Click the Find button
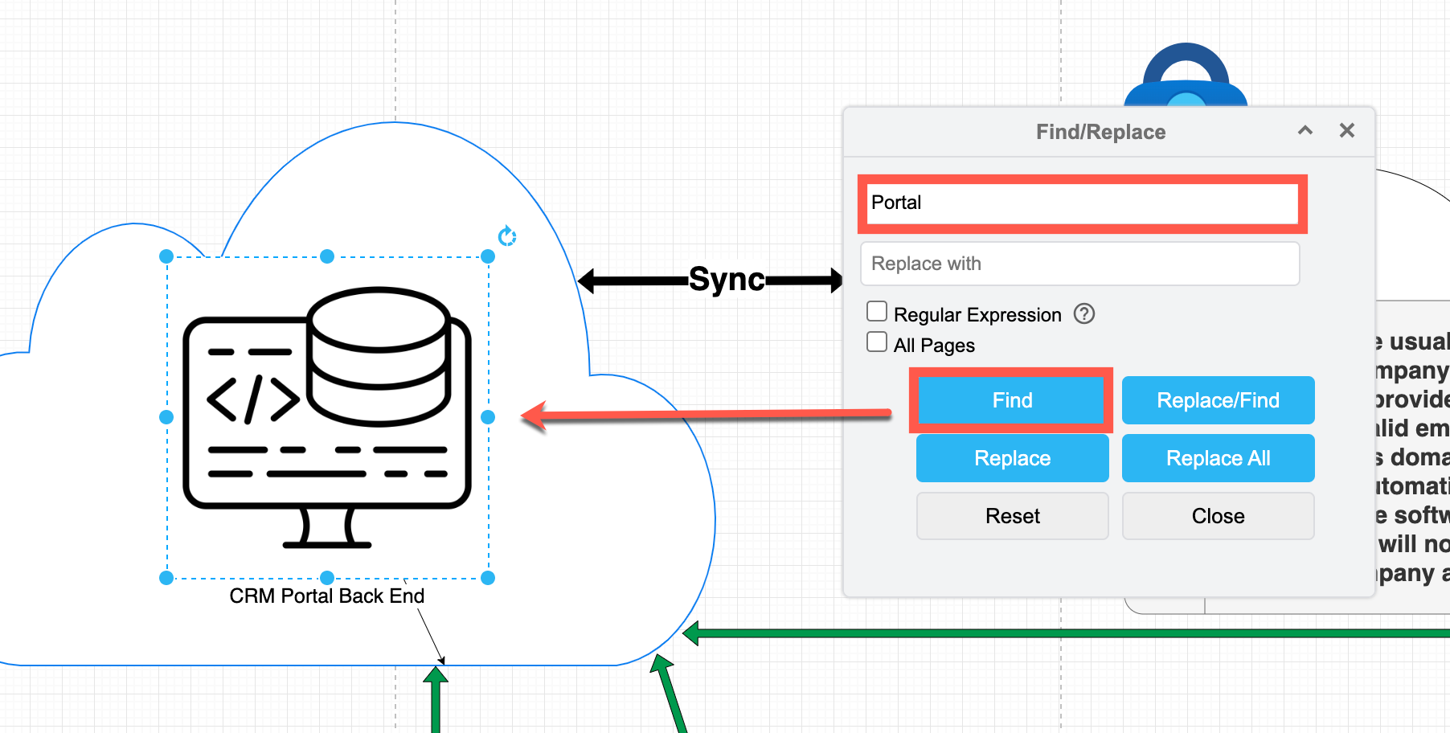coord(1011,400)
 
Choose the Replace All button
coord(1218,458)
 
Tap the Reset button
coord(1012,516)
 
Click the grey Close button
coord(1218,516)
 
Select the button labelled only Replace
coord(1012,458)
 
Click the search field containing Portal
coord(1081,203)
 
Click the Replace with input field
coord(1079,264)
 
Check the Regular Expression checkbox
coord(877,312)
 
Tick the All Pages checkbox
coord(877,342)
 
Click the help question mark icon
coord(1084,313)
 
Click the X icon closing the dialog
coord(1347,130)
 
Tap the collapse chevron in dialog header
coord(1305,130)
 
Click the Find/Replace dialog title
coord(1100,132)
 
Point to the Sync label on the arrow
coord(727,280)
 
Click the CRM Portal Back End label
coord(326,596)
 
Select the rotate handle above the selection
coord(507,236)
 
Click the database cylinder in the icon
coord(379,354)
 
